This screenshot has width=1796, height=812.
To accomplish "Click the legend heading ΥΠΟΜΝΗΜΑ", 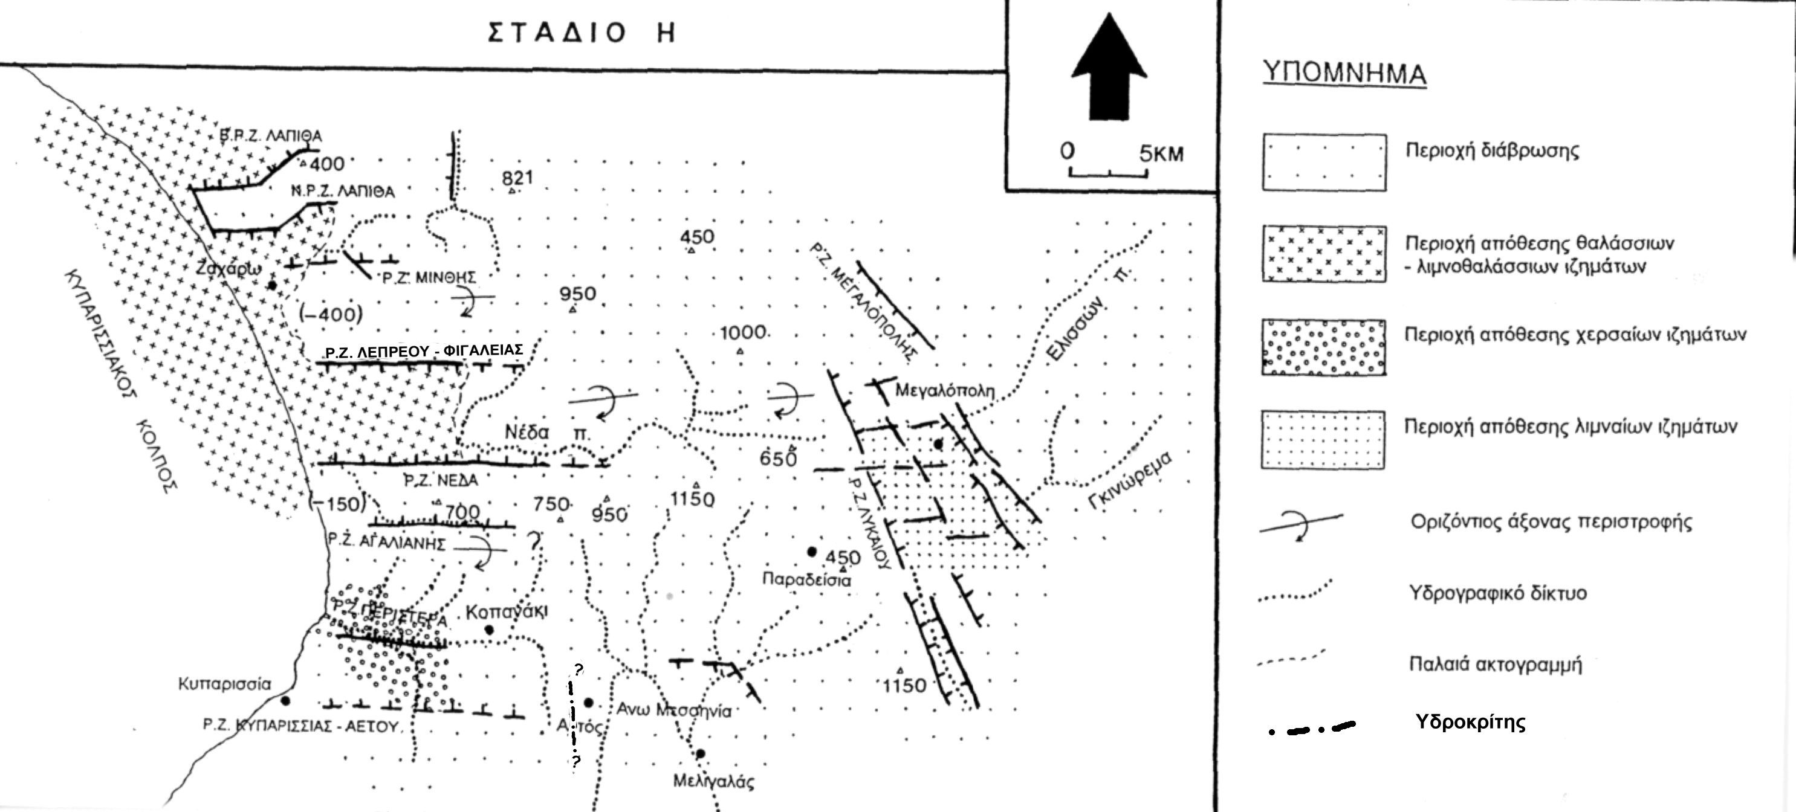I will pos(1345,73).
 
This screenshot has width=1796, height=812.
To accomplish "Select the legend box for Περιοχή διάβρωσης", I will pos(1323,163).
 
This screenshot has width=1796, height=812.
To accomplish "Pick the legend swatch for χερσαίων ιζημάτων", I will pos(1323,347).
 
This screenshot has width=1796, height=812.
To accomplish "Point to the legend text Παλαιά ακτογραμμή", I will pos(1495,664).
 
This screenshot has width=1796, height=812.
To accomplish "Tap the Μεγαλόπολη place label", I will pos(945,390).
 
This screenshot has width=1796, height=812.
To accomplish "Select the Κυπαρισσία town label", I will pos(224,684).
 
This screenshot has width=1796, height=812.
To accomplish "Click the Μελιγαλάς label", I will pos(713,781).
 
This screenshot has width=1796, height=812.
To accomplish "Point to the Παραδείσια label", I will pos(806,579).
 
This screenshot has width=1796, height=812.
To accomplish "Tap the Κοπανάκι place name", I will pos(507,612).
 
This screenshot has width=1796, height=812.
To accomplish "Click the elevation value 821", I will pos(517,178).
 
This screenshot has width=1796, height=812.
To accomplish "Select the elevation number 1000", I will pos(743,332).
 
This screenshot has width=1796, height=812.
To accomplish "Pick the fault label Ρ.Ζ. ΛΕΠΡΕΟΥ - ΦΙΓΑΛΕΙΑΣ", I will pos(424,350).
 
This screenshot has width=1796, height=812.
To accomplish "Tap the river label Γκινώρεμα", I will pos(1132,482).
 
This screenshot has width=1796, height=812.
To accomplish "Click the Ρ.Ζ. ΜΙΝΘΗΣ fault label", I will pos(429,277).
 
